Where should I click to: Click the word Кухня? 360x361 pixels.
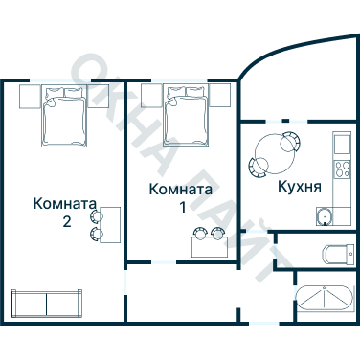point(298,186)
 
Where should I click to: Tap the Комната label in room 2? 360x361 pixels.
point(64,203)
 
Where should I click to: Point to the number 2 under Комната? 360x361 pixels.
point(65,222)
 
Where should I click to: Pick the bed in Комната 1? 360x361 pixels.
point(186,114)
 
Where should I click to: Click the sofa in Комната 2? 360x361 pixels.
point(45,302)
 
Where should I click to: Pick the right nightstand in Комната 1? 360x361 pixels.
point(220,95)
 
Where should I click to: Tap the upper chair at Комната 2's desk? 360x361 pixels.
point(95,216)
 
